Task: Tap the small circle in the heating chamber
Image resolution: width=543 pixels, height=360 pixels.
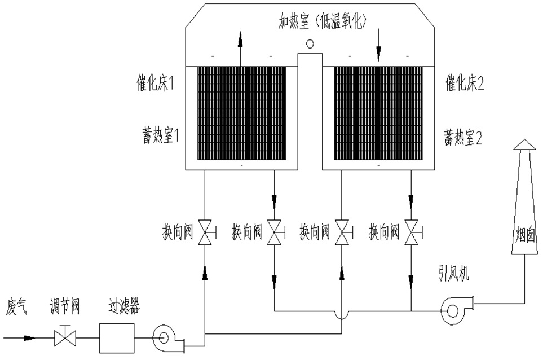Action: tap(310, 43)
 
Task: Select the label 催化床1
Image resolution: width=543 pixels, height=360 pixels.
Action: tap(154, 85)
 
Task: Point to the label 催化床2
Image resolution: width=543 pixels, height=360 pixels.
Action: tap(465, 85)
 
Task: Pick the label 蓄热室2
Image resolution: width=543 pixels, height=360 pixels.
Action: tap(465, 137)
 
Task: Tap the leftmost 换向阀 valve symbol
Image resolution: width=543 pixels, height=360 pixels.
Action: tap(205, 232)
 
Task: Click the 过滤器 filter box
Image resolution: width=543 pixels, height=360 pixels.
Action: tap(117, 338)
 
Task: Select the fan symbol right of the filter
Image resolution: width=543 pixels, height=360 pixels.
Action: tap(164, 338)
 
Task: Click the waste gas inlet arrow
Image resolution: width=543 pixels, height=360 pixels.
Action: tap(25, 339)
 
